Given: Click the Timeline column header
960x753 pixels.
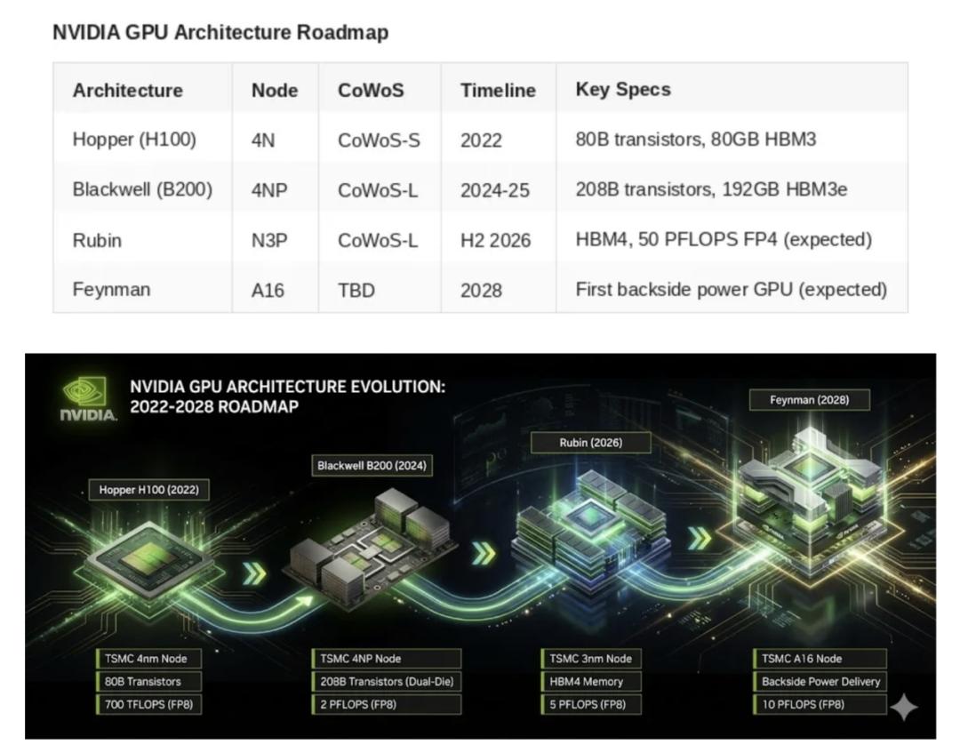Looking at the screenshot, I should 498,91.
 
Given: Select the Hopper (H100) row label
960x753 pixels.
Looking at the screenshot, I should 134,140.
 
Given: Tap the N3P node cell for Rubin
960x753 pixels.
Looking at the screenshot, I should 268,240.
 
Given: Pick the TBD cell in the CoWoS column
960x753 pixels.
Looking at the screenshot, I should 355,291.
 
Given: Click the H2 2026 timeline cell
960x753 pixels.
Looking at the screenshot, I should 495,240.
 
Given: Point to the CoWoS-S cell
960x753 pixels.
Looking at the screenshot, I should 379,140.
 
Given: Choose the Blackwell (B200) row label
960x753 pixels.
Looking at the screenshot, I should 142,189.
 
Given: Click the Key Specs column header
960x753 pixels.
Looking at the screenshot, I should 623,90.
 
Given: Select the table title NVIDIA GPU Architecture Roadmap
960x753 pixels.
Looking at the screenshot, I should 220,33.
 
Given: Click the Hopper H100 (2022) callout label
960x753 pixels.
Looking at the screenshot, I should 148,490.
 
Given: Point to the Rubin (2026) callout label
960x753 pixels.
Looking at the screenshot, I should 590,442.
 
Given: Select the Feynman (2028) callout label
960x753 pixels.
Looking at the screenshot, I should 809,400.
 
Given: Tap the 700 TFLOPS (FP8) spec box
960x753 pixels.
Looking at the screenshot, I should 149,705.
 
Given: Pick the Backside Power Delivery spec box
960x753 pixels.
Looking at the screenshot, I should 820,682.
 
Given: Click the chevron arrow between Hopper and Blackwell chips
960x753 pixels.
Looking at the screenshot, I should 255,574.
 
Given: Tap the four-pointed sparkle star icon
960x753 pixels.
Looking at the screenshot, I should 904,708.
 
